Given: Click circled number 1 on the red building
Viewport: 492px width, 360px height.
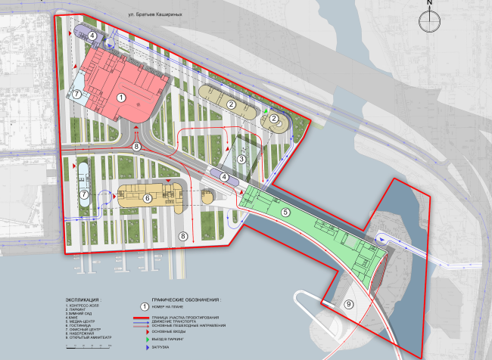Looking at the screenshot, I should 121,97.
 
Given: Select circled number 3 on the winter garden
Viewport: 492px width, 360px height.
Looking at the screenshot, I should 241,160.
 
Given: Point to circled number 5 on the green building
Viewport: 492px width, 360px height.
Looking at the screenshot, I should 285,213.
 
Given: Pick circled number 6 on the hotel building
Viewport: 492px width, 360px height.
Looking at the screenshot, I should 148,198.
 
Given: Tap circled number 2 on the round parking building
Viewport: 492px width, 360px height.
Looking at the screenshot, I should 274,118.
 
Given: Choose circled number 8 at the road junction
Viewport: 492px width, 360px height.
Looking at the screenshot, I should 137,146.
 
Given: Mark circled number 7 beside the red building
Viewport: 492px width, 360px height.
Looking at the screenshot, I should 76,95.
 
